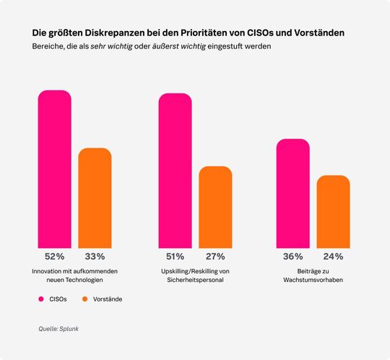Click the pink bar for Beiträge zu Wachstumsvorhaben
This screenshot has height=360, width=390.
coord(292,192)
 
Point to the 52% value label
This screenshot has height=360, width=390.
coord(55,256)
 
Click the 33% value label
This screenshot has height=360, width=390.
coord(95,256)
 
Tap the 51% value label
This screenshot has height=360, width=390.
coord(175,256)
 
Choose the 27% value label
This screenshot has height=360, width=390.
coord(215,256)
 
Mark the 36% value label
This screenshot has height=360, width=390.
coord(292,256)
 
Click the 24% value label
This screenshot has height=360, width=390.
coord(333,256)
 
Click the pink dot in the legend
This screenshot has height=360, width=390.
coord(42,299)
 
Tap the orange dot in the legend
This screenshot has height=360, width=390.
coord(85,299)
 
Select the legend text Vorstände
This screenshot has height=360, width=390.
coord(107,299)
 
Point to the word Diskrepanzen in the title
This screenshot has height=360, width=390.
coord(116,33)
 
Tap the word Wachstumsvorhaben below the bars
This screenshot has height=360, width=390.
coord(313,280)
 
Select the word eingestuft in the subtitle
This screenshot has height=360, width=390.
coord(228,46)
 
